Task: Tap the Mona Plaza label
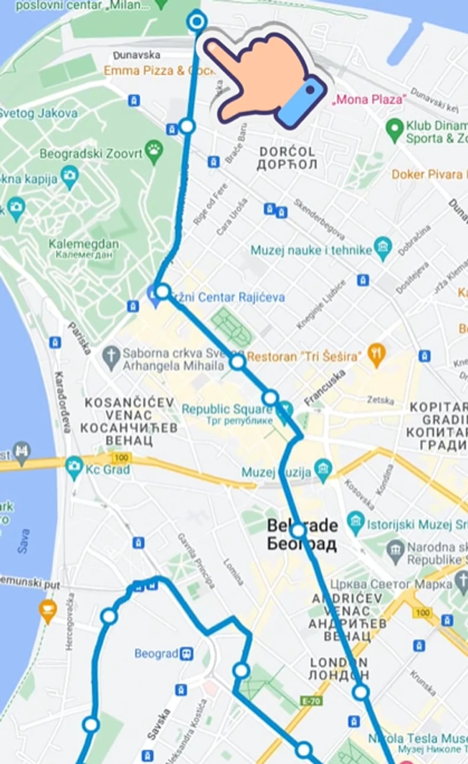point(369,99)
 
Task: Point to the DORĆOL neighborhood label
point(287,152)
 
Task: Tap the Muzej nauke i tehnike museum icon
point(383,249)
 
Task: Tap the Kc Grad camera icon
point(74,466)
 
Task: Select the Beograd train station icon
point(187,653)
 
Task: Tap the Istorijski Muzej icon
point(355,521)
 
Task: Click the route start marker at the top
point(197,22)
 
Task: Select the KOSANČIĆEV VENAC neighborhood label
point(129,402)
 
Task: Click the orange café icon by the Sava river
point(47,608)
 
